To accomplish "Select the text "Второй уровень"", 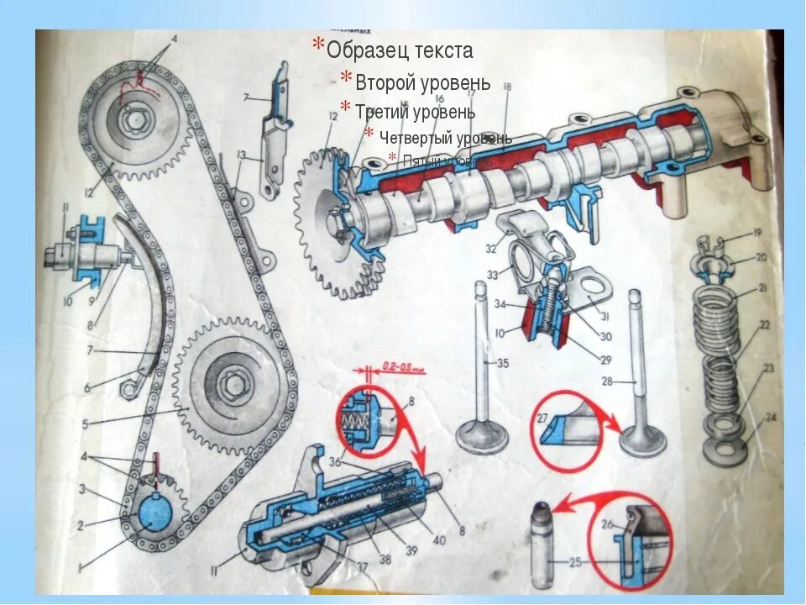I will click(422, 83).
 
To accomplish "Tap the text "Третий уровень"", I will click(415, 112).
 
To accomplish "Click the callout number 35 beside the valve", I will click(502, 364).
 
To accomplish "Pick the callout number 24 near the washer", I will click(770, 417).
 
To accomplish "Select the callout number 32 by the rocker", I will click(490, 249).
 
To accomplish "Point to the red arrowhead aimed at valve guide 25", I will click(563, 507).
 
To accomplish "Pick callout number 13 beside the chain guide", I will click(241, 155).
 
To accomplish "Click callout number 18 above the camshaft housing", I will click(508, 87).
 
